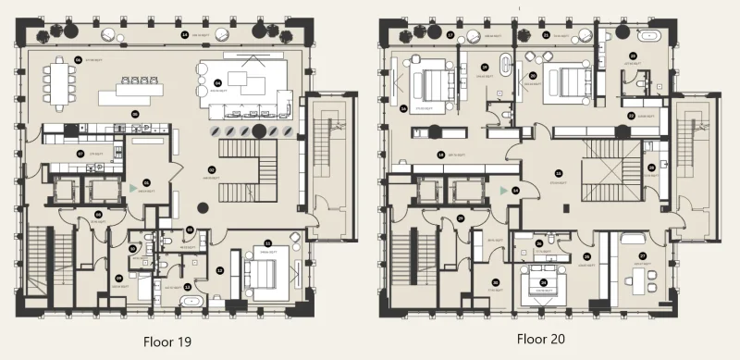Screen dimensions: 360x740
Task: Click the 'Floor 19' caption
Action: [166, 341]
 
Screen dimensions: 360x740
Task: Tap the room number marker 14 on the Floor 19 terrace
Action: [184, 34]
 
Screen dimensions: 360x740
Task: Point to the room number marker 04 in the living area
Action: [218, 83]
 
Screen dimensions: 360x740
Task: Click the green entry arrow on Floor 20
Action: [502, 190]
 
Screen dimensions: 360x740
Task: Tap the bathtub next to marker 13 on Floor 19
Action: [192, 302]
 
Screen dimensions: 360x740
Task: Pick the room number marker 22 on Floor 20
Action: [631, 116]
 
